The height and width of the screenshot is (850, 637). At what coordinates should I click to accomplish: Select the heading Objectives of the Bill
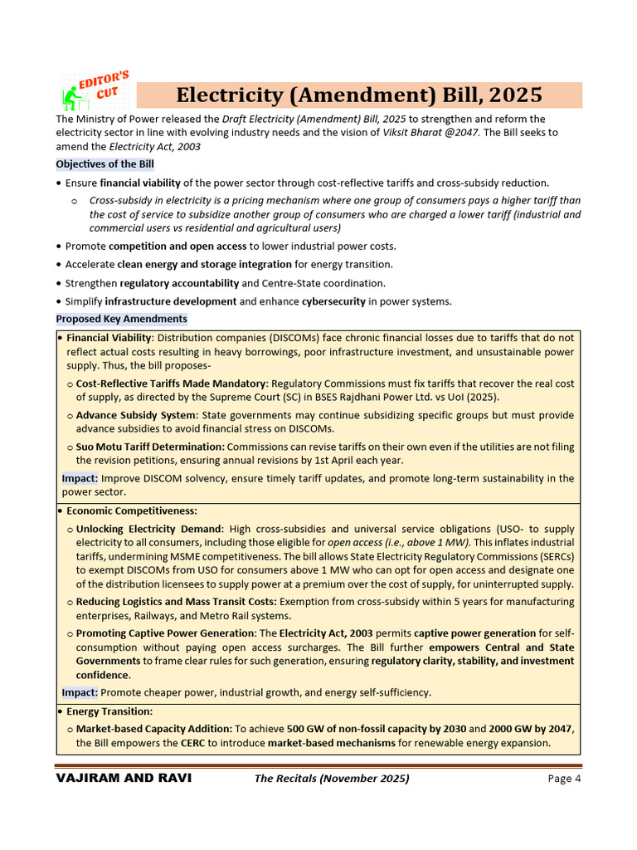(x=105, y=164)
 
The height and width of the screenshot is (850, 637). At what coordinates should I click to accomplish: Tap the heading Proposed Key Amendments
(x=122, y=319)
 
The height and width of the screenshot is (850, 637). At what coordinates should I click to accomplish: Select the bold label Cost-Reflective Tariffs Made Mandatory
(x=171, y=383)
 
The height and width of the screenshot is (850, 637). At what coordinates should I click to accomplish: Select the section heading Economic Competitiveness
(x=131, y=510)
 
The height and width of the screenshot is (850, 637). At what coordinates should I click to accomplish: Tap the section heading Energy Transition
(x=109, y=711)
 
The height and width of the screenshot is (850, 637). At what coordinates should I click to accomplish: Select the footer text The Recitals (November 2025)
(x=331, y=779)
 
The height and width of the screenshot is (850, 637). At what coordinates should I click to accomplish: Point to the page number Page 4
(x=564, y=779)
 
